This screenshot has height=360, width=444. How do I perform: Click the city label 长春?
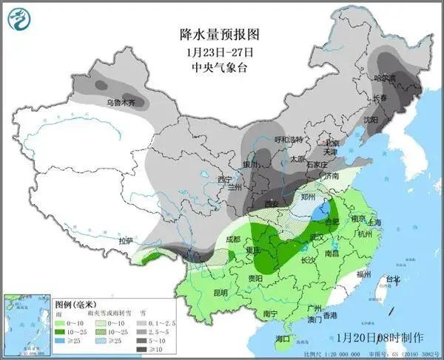point(380,98)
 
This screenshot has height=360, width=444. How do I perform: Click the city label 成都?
point(233,239)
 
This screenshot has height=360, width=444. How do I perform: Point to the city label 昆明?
point(200,292)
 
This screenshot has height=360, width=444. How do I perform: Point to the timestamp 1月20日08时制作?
point(379,337)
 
